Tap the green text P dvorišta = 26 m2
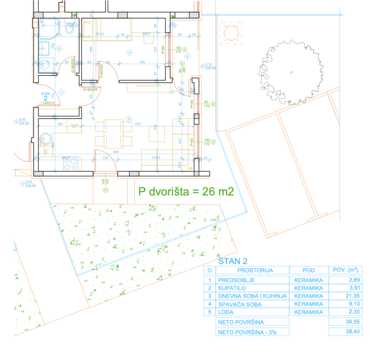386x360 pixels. click(186, 192)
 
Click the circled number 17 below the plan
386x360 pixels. click(105, 190)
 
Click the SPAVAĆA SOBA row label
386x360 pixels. click(234, 304)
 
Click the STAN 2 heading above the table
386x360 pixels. click(233, 262)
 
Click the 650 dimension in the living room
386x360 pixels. click(117, 152)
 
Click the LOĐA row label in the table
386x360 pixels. click(227, 312)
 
